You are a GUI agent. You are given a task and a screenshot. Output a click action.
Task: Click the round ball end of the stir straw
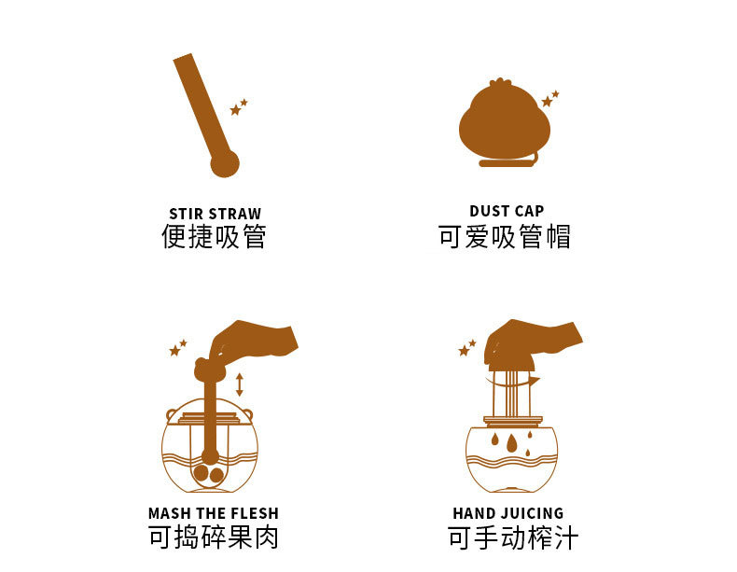click(x=224, y=163)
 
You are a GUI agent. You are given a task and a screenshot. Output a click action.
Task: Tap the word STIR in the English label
click(x=186, y=214)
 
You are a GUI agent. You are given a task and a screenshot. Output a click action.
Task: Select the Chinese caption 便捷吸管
click(x=214, y=237)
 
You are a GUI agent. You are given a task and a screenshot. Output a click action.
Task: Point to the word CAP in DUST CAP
click(x=530, y=211)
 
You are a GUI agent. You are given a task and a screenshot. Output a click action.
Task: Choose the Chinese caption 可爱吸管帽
click(x=505, y=237)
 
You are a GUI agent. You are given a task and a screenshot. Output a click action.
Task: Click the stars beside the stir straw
click(x=238, y=107)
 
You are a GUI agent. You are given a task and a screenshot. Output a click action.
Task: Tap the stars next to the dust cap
click(x=549, y=99)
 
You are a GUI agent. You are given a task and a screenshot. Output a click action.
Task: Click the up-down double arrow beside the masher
click(x=240, y=384)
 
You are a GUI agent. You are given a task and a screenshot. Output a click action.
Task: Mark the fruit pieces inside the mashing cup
click(x=208, y=474)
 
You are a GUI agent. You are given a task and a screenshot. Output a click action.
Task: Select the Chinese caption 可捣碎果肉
click(x=214, y=537)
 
